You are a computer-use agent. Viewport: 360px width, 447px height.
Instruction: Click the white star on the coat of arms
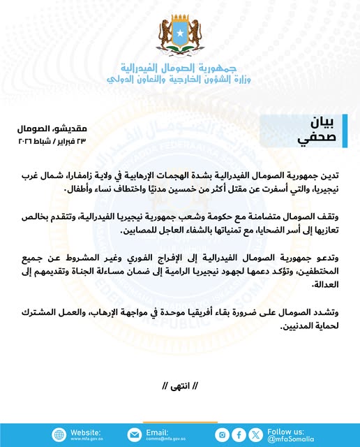click(179, 31)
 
